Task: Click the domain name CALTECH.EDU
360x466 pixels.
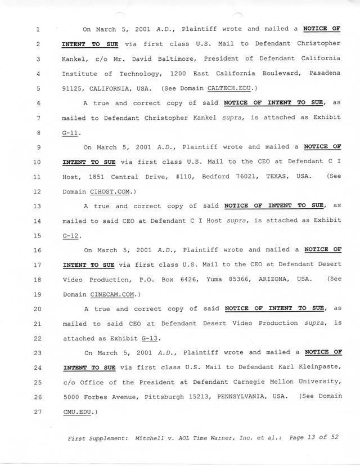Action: click(x=232, y=88)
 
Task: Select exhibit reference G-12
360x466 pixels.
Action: click(x=71, y=235)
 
